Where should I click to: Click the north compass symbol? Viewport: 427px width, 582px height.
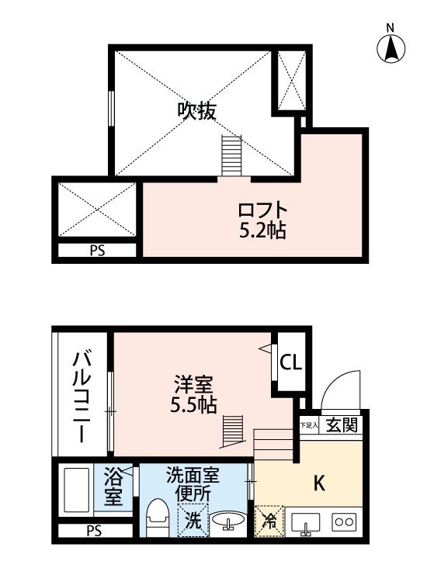tap(391, 45)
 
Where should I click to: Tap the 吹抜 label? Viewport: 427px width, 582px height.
tap(196, 111)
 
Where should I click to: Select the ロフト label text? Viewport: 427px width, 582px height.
tap(262, 211)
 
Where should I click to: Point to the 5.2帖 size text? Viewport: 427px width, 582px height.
tap(262, 230)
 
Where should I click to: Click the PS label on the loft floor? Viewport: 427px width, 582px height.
tap(97, 251)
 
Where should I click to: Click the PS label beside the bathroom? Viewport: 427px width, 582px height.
tap(94, 531)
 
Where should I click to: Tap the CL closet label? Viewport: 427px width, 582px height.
tap(290, 362)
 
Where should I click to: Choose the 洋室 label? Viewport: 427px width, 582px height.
tap(193, 385)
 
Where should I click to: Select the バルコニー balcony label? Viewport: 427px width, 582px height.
tap(82, 397)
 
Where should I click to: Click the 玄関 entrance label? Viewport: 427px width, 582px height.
tap(342, 424)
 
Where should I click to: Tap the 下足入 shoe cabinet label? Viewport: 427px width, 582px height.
tap(309, 425)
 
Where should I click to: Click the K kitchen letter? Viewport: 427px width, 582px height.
tap(319, 483)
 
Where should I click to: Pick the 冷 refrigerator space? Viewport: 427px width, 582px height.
tap(269, 521)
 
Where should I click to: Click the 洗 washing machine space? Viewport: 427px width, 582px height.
tap(193, 521)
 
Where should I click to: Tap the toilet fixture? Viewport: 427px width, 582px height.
tap(158, 518)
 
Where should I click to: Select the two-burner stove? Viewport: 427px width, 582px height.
tap(344, 522)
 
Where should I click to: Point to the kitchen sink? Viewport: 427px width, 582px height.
tap(306, 524)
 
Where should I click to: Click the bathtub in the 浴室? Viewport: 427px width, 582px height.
tap(77, 490)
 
